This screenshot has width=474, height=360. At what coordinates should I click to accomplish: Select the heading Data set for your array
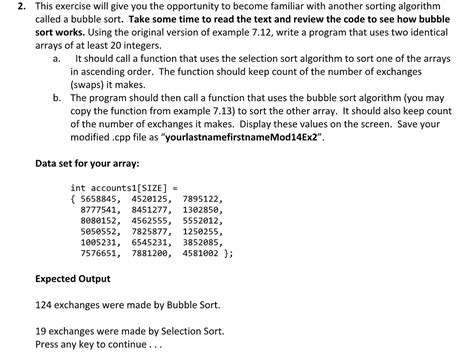pos(87,163)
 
